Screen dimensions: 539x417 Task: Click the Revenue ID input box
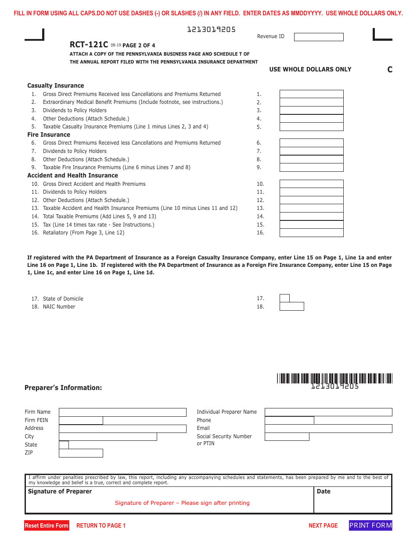tap(318, 37)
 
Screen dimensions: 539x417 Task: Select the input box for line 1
tap(311, 94)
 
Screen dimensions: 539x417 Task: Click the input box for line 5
tap(311, 127)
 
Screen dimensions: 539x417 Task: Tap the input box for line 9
tap(311, 167)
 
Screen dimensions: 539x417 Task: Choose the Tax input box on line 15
tap(311, 225)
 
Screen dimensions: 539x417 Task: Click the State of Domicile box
tap(284, 298)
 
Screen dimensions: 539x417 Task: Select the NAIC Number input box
tap(291, 307)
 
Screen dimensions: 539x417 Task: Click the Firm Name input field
tap(122, 412)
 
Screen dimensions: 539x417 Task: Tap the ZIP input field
tap(81, 453)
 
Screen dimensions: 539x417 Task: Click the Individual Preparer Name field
tap(328, 412)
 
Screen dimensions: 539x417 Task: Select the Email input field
tap(328, 429)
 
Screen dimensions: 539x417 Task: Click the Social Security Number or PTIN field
tap(287, 437)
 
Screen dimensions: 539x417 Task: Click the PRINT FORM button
tap(370, 525)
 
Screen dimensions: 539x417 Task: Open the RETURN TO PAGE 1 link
tap(101, 525)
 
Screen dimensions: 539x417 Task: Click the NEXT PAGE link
tap(323, 525)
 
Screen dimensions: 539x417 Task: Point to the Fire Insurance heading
tap(49, 135)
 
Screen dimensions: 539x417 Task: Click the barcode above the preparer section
tap(334, 378)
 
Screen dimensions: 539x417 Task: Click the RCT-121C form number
tap(89, 45)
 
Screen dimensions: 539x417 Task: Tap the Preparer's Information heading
tap(63, 388)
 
